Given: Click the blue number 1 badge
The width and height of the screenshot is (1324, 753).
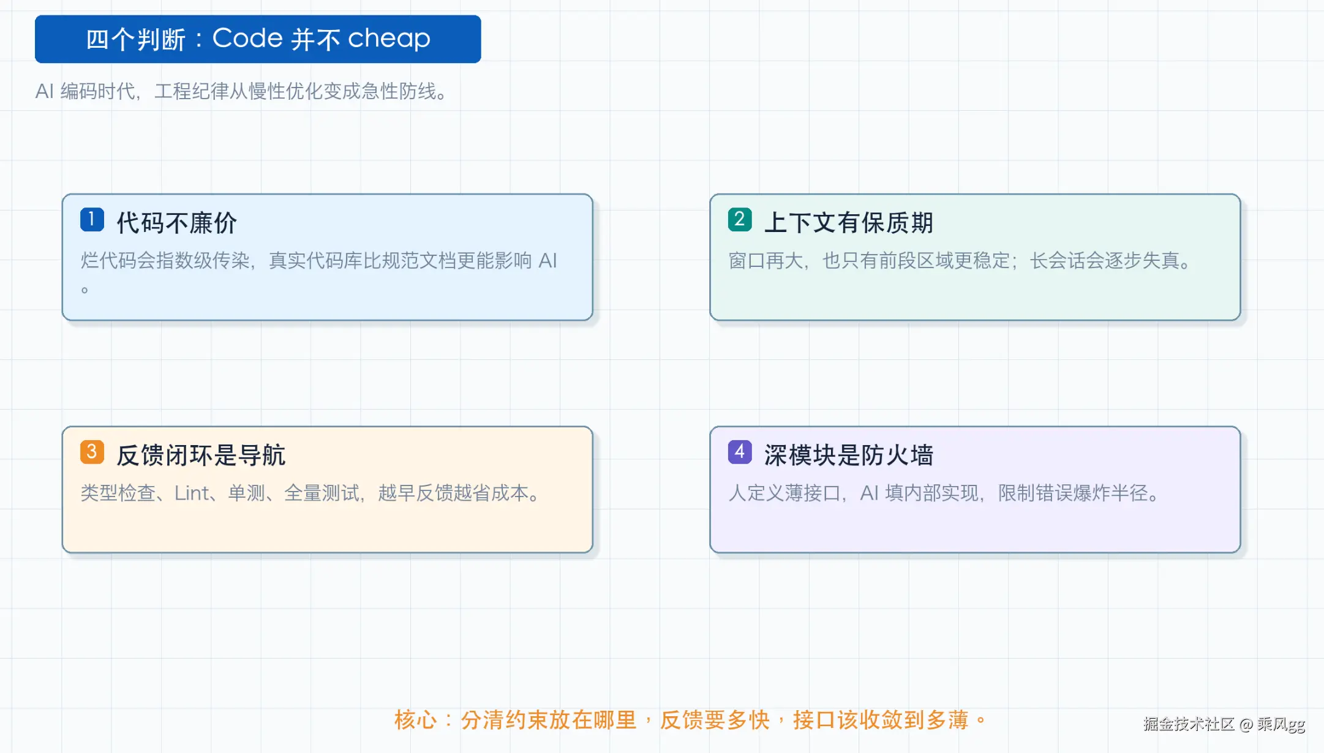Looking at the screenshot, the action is (92, 219).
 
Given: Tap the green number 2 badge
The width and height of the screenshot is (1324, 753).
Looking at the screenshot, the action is (740, 219).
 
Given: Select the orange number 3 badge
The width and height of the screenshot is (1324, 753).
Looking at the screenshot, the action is (92, 452).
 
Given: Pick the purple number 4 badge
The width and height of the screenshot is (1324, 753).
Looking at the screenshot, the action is (740, 452).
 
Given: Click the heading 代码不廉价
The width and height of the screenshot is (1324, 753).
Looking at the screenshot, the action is (177, 223).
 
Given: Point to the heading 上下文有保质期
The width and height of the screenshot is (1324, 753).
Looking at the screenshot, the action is (849, 223).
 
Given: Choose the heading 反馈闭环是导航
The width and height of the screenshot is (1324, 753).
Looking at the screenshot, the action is (201, 455).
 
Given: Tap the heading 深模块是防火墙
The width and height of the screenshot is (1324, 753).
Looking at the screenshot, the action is (849, 455).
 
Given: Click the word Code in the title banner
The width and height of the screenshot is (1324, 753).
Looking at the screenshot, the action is (247, 39).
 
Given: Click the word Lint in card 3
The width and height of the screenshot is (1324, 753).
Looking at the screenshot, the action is (192, 493).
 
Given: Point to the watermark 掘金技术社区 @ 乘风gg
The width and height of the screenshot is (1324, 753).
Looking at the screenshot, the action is (1224, 724).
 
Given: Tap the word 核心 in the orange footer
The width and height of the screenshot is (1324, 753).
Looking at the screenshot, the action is (416, 720).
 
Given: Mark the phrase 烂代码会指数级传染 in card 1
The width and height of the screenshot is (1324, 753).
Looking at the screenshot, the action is (165, 261).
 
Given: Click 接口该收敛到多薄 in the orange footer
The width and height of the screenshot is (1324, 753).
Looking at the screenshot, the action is (881, 720).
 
